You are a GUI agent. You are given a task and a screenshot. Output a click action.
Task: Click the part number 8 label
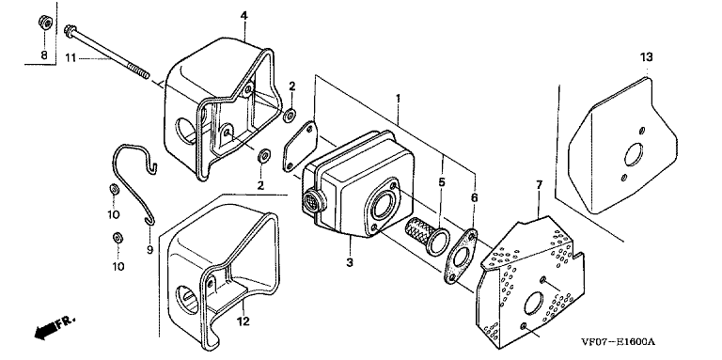tap(44, 55)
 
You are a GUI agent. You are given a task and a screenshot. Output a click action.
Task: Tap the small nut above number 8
tap(45, 23)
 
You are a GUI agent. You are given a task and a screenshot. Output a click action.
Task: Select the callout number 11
tap(70, 58)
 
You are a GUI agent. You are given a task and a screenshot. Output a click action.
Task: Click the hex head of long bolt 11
tap(70, 30)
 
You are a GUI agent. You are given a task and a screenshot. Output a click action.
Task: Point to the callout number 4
tap(244, 16)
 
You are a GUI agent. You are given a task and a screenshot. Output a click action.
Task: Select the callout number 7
tap(540, 184)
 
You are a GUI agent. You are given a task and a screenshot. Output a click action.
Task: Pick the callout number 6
tap(474, 198)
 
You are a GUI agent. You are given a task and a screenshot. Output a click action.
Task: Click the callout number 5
tap(442, 181)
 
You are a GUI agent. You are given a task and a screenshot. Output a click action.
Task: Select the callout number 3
tap(350, 263)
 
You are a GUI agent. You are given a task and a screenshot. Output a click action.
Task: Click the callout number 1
tap(399, 99)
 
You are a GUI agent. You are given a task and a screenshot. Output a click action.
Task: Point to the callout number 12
tap(243, 321)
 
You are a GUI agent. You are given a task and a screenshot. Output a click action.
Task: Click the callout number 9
tap(149, 250)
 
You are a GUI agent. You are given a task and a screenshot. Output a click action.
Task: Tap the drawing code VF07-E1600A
tap(618, 342)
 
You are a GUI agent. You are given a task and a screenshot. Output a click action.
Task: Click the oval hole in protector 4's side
tap(185, 128)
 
